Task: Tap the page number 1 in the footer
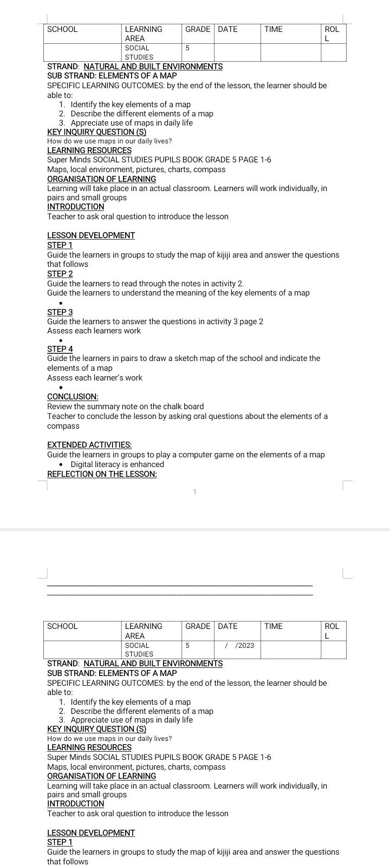[x=194, y=491]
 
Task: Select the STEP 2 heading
[x=60, y=274]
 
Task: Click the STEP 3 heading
[x=60, y=312]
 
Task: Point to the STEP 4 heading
[x=60, y=349]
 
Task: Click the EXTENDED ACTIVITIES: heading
[x=89, y=445]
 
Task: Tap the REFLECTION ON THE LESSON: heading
[x=102, y=474]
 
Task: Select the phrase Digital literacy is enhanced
[x=117, y=464]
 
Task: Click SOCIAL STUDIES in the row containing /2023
[x=139, y=649]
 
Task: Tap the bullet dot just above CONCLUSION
[x=61, y=388]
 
